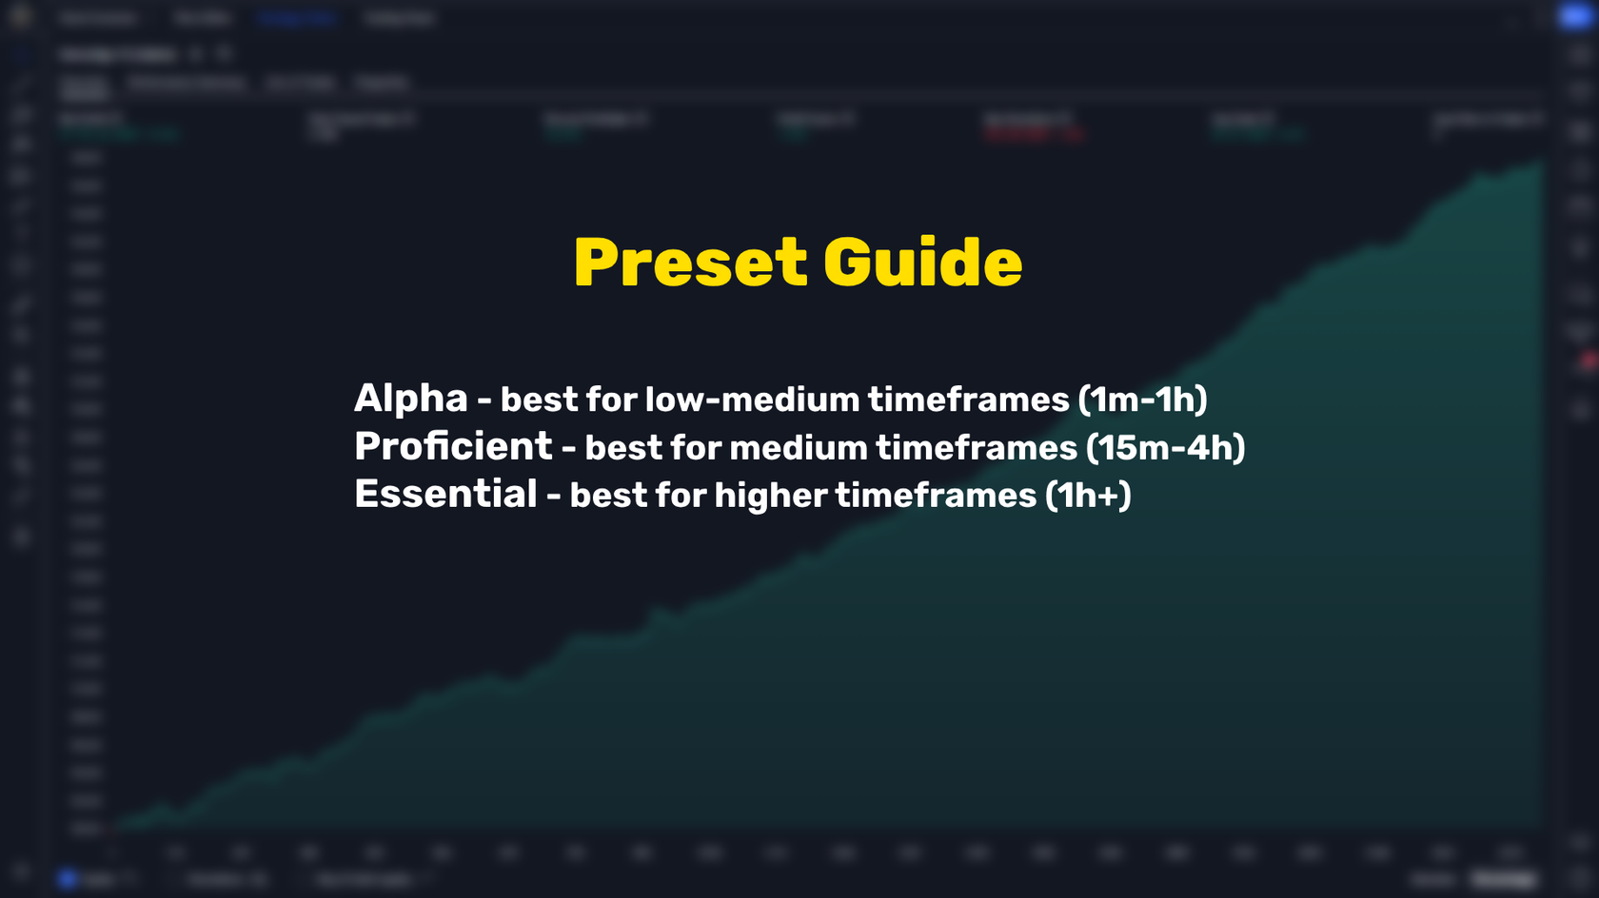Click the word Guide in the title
(922, 264)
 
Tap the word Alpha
(410, 399)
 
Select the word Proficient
(453, 446)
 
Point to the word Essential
(445, 494)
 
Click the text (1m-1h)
(1142, 400)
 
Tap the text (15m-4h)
(1165, 447)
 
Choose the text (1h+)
(1088, 495)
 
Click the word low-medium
(752, 400)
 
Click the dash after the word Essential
(553, 497)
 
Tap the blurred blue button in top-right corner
(1575, 16)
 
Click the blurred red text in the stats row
(1032, 134)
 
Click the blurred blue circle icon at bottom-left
(67, 879)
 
